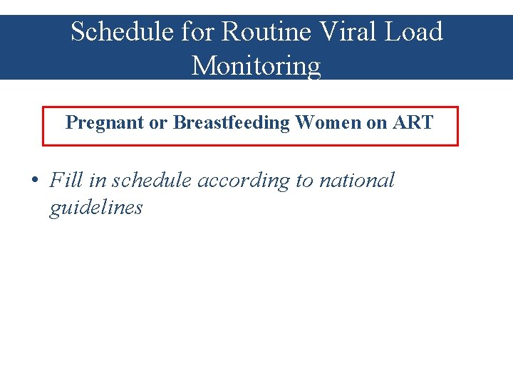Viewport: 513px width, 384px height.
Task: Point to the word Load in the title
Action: click(x=413, y=32)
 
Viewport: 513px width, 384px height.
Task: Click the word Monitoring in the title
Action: click(x=256, y=66)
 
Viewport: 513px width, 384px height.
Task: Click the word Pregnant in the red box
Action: click(x=105, y=123)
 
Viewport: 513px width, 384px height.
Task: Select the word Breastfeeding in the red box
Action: click(x=232, y=123)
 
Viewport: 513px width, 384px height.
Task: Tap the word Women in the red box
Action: click(x=328, y=123)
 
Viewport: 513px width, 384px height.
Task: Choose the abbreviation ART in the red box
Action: click(x=413, y=123)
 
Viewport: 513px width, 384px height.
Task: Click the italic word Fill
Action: click(x=66, y=181)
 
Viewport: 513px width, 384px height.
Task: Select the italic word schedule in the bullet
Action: click(x=152, y=181)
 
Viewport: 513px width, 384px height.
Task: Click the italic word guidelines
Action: click(x=95, y=208)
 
